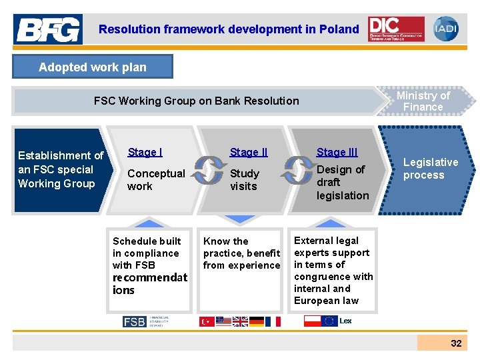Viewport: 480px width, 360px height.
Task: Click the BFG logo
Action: click(49, 29)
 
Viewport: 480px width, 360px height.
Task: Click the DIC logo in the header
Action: click(396, 29)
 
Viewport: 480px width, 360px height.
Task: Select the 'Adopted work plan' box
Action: click(93, 67)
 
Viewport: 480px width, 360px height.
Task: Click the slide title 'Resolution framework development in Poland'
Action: click(229, 29)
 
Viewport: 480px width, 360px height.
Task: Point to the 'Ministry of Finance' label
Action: click(423, 101)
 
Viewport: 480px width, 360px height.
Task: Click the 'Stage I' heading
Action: click(145, 152)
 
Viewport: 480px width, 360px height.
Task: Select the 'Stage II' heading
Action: click(248, 153)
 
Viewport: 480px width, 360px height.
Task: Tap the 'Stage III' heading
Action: click(337, 153)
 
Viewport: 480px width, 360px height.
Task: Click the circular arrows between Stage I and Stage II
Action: click(210, 170)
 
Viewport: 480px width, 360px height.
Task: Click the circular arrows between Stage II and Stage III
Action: click(297, 170)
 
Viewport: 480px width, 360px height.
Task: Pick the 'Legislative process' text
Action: click(431, 169)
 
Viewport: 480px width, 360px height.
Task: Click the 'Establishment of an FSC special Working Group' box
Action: click(60, 169)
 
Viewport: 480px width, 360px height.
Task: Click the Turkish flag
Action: click(207, 321)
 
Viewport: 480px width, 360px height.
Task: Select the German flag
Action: click(257, 321)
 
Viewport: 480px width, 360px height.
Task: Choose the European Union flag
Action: click(329, 321)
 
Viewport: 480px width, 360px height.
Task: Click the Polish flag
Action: click(312, 321)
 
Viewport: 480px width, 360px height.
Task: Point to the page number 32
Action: click(456, 343)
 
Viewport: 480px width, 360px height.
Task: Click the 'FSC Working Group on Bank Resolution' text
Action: click(196, 101)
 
